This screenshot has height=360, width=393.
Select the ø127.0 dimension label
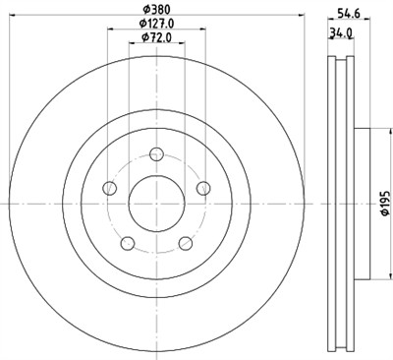(x=155, y=23)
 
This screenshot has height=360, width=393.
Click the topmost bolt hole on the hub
(x=156, y=151)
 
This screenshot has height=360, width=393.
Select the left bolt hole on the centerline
(x=110, y=188)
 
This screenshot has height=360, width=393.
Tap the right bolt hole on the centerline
(x=202, y=188)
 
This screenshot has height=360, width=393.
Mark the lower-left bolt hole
(x=127, y=242)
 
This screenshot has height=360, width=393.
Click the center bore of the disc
(x=156, y=201)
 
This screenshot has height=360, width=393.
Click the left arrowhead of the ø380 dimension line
(x=13, y=16)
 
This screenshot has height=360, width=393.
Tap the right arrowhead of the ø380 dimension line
(x=300, y=16)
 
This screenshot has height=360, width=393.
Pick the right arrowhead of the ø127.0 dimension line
(x=203, y=30)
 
